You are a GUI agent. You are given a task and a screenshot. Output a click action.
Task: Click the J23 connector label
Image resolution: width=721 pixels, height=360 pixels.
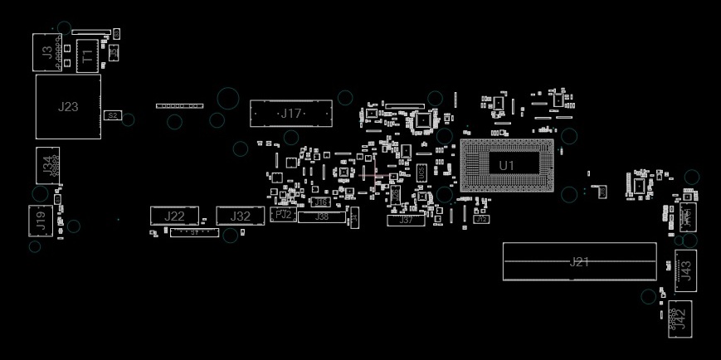(68, 106)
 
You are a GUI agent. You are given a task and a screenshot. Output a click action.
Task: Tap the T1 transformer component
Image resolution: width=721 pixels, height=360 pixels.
(85, 56)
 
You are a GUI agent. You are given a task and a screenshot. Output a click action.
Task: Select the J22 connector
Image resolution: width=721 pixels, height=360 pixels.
(174, 216)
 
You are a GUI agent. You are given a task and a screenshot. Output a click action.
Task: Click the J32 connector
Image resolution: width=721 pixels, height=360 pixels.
(241, 216)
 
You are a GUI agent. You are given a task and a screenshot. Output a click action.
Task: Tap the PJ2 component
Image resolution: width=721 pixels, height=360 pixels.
(284, 214)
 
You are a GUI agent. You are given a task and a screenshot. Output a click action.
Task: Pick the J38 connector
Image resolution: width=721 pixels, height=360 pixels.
(322, 216)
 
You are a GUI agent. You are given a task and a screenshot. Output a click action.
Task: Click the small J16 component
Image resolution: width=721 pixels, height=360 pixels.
(322, 202)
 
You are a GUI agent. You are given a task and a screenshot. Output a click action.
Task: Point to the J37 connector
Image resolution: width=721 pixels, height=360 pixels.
(406, 220)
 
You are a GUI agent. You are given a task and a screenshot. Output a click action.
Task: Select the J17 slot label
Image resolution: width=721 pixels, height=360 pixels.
(291, 113)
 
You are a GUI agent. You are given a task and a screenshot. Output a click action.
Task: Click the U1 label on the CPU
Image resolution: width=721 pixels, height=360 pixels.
(507, 166)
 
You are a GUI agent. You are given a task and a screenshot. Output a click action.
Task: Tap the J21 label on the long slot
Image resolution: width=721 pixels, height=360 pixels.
(579, 262)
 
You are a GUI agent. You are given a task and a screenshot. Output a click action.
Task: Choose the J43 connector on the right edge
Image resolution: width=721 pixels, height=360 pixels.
(685, 270)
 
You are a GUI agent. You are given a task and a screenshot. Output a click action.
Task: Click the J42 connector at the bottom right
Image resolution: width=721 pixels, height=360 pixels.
(680, 317)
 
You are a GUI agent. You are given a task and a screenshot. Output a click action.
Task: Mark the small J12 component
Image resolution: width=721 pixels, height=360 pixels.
(481, 219)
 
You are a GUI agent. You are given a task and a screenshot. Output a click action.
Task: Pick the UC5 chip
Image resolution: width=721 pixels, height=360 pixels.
(421, 173)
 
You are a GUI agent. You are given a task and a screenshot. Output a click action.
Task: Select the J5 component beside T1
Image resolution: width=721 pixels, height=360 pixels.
(114, 51)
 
